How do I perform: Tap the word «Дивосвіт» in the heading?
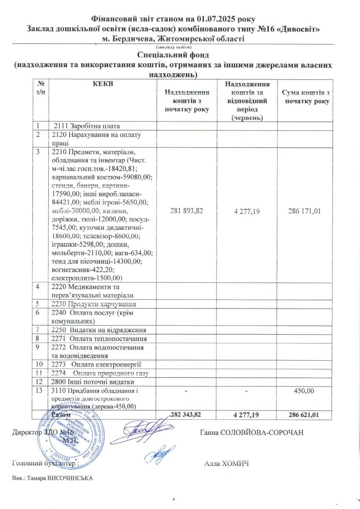click(x=298, y=29)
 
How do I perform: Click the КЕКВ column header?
click(x=104, y=84)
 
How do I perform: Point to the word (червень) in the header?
click(x=247, y=117)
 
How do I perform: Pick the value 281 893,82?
click(x=187, y=211)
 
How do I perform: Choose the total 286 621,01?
click(x=304, y=415)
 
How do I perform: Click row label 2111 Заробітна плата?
click(x=87, y=126)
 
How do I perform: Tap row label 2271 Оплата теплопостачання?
click(x=99, y=338)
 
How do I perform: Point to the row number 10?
click(x=40, y=365)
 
